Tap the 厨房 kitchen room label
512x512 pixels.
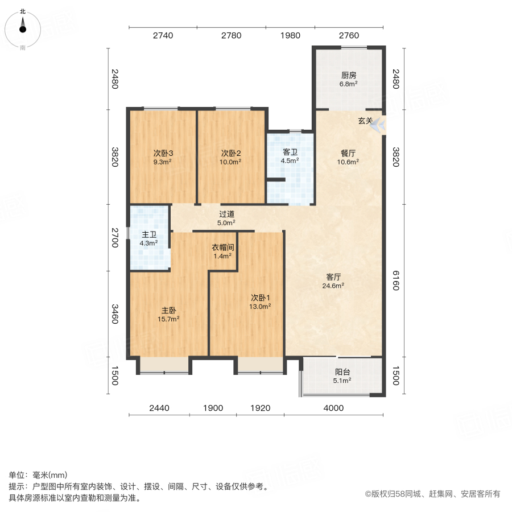point(349,75)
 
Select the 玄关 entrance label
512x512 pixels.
point(365,121)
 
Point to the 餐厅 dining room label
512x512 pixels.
point(349,153)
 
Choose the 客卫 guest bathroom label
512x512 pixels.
point(290,152)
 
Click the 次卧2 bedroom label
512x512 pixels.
point(231,153)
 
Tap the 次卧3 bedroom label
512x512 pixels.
point(163,153)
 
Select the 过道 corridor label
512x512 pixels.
point(227,214)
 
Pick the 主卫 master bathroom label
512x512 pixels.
point(149,234)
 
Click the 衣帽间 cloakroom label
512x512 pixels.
point(223,247)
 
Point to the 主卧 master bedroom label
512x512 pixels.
point(168,311)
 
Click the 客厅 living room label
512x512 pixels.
point(333,277)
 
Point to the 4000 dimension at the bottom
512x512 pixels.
point(334,407)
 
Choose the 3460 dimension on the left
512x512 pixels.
point(114,313)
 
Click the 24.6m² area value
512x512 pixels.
point(333,286)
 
